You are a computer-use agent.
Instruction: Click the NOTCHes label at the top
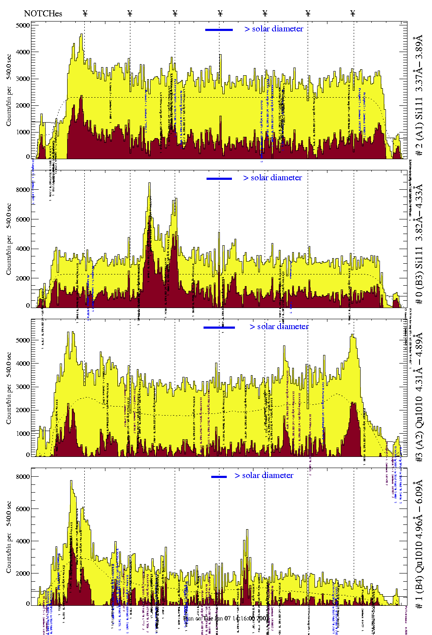43,13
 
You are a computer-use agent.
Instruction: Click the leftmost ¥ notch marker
85,13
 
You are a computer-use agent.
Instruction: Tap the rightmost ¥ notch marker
353,13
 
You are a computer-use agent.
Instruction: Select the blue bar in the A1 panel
219,30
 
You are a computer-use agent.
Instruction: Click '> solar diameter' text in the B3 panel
272,178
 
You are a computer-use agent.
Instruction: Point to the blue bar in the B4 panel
219,477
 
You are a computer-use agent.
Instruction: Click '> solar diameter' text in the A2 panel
279,327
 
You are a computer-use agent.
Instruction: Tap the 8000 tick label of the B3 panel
22,190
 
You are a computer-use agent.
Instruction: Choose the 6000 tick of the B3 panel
22,219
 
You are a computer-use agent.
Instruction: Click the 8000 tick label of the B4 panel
22,477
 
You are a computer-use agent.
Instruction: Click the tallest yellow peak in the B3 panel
149,184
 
